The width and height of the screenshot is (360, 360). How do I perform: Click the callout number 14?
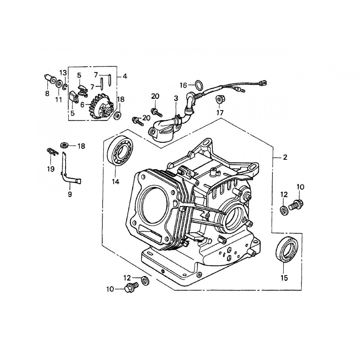coord(115,181)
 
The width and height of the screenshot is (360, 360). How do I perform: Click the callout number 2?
coord(285,157)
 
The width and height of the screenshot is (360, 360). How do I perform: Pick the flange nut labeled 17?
coord(219,99)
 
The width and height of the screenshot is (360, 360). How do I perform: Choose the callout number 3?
coord(175,98)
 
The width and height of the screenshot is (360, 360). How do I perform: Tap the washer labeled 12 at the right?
coord(283,209)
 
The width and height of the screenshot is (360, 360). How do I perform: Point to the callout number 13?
coord(62,73)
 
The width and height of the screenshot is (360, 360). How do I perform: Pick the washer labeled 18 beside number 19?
coord(64,145)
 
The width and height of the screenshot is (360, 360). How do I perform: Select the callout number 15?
coord(284,278)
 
